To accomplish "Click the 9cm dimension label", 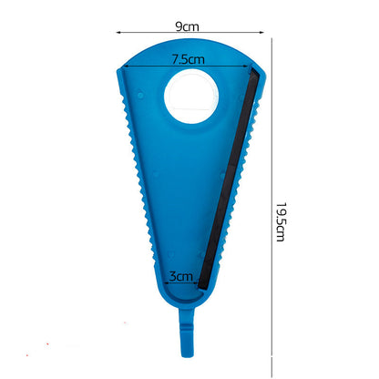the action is tap(187, 26).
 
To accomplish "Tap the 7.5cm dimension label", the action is tap(189, 59).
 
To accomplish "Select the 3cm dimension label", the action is tap(181, 276).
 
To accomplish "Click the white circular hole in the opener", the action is tap(191, 97).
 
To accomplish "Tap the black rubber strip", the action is tap(228, 179).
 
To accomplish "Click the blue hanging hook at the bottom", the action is tap(187, 333).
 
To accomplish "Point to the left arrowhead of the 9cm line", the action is tap(118, 32).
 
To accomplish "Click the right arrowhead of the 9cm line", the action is tap(261, 32).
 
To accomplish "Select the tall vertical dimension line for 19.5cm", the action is tap(271, 208).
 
